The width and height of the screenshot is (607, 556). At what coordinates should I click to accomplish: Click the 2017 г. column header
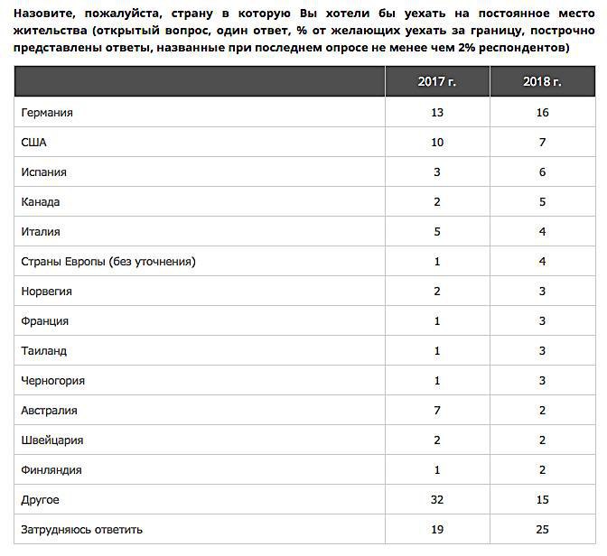(437, 82)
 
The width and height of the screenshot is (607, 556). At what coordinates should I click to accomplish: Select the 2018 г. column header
(542, 82)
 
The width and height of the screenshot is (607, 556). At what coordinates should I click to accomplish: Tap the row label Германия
(47, 113)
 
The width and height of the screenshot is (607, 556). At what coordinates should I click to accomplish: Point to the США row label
(34, 143)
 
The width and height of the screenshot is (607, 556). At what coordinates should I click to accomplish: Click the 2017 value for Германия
(437, 113)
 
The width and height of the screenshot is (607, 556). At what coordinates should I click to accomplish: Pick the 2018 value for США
(542, 143)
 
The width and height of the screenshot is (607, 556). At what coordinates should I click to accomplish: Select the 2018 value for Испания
(542, 172)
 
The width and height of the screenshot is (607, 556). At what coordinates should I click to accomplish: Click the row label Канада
(42, 202)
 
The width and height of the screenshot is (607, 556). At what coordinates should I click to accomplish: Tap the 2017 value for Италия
(437, 232)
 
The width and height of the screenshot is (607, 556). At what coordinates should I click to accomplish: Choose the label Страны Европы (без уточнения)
(108, 262)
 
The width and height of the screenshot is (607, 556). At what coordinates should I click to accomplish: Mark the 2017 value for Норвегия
(437, 292)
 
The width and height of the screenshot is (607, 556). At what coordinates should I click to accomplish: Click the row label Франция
(45, 321)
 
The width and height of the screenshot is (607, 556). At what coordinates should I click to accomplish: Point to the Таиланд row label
(44, 351)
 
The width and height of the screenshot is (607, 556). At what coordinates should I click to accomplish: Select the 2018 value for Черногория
(542, 381)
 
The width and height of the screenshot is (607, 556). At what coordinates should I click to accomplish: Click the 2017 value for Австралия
(437, 411)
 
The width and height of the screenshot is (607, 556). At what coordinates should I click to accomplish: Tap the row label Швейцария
(52, 440)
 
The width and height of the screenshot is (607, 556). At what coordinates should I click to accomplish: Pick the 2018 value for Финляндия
(542, 470)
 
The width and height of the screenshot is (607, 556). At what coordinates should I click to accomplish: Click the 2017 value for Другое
(437, 500)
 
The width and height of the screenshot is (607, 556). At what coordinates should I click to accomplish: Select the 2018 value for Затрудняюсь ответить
(542, 530)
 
